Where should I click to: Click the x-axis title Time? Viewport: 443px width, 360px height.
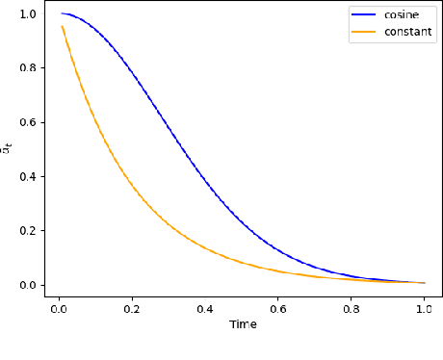click(243, 324)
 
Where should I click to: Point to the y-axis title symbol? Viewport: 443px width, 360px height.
click(8, 148)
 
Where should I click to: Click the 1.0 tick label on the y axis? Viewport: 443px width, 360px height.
click(29, 14)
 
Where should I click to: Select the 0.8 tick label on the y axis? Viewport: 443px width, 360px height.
click(29, 68)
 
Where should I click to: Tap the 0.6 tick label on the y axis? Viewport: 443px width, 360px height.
click(29, 122)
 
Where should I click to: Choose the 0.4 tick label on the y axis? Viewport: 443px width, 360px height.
click(29, 177)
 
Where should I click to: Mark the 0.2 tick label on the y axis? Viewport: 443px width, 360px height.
click(29, 231)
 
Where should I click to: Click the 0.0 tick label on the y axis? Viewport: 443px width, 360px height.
click(29, 285)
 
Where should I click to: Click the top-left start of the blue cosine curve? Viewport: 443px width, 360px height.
click(63, 13)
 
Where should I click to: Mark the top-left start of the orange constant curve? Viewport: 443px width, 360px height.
click(63, 26)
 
